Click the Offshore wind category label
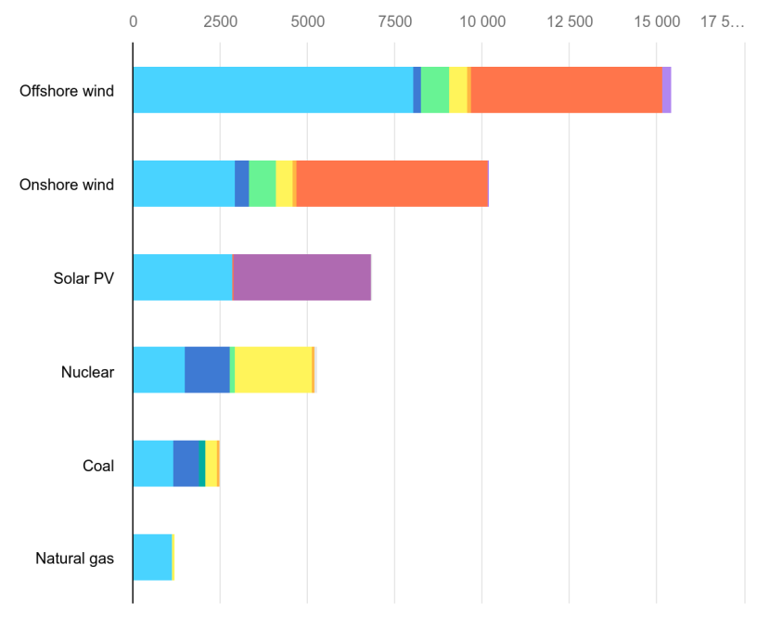67,91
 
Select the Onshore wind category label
67,185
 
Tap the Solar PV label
83,278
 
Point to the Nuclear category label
87,372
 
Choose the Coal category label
97,466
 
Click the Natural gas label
74,559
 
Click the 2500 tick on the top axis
220,22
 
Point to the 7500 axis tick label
395,22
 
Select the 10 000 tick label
482,22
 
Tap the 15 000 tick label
657,22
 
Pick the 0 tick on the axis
133,22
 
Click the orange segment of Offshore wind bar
566,90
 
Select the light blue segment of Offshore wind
273,90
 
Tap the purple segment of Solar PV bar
302,276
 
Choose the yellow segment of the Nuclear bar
274,370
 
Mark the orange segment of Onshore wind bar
391,184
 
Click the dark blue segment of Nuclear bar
207,370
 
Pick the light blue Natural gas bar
152,557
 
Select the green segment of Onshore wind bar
263,184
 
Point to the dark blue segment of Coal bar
186,464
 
